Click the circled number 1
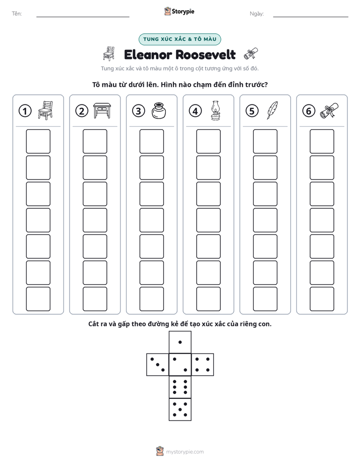pyautogui.click(x=25, y=111)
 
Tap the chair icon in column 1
pyautogui.click(x=45, y=110)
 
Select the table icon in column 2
pyautogui.click(x=102, y=110)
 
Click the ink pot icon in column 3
pyautogui.click(x=159, y=110)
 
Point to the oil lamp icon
pyautogui.click(x=215, y=110)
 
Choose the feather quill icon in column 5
pyautogui.click(x=272, y=110)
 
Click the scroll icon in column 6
pyautogui.click(x=329, y=110)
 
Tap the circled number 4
pyautogui.click(x=195, y=111)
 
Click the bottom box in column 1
pyautogui.click(x=38, y=299)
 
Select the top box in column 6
pyautogui.click(x=322, y=141)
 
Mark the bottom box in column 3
pyautogui.click(x=151, y=299)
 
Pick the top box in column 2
pyautogui.click(x=95, y=141)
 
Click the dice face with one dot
pyautogui.click(x=180, y=342)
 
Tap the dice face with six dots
pyautogui.click(x=180, y=387)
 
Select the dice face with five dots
pyautogui.click(x=180, y=410)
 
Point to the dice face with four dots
pyautogui.click(x=203, y=365)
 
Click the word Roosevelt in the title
pyautogui.click(x=206, y=54)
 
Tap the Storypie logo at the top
pyautogui.click(x=179, y=11)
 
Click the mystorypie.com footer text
pyautogui.click(x=185, y=452)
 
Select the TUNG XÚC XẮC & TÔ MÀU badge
pyautogui.click(x=179, y=39)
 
